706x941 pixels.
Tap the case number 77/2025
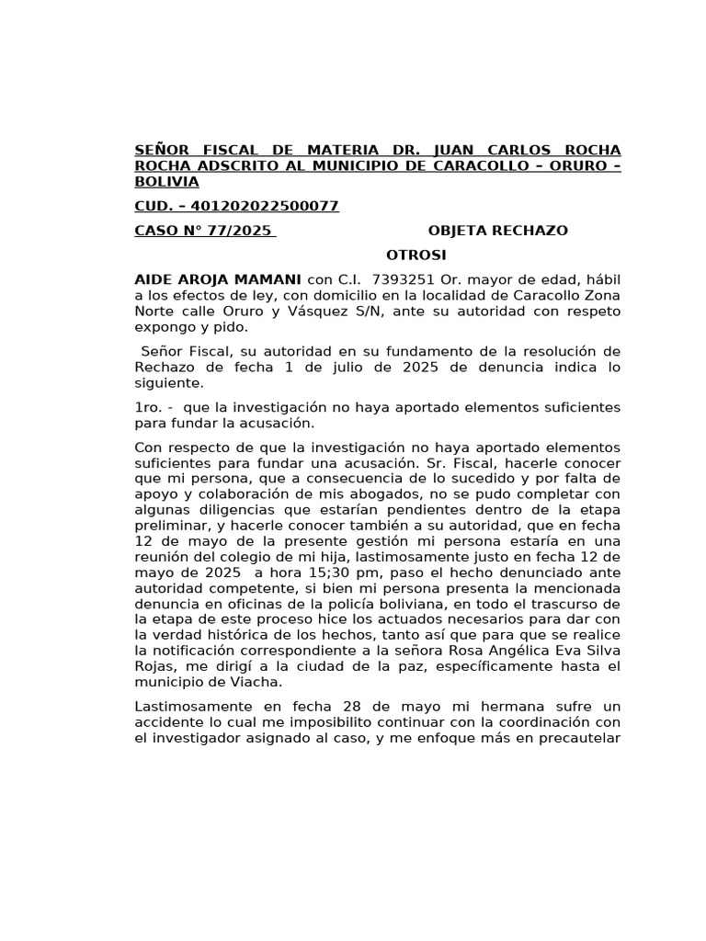pos(237,231)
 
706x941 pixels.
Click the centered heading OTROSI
pos(416,255)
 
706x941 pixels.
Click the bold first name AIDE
pos(154,278)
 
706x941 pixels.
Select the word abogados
pos(388,496)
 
